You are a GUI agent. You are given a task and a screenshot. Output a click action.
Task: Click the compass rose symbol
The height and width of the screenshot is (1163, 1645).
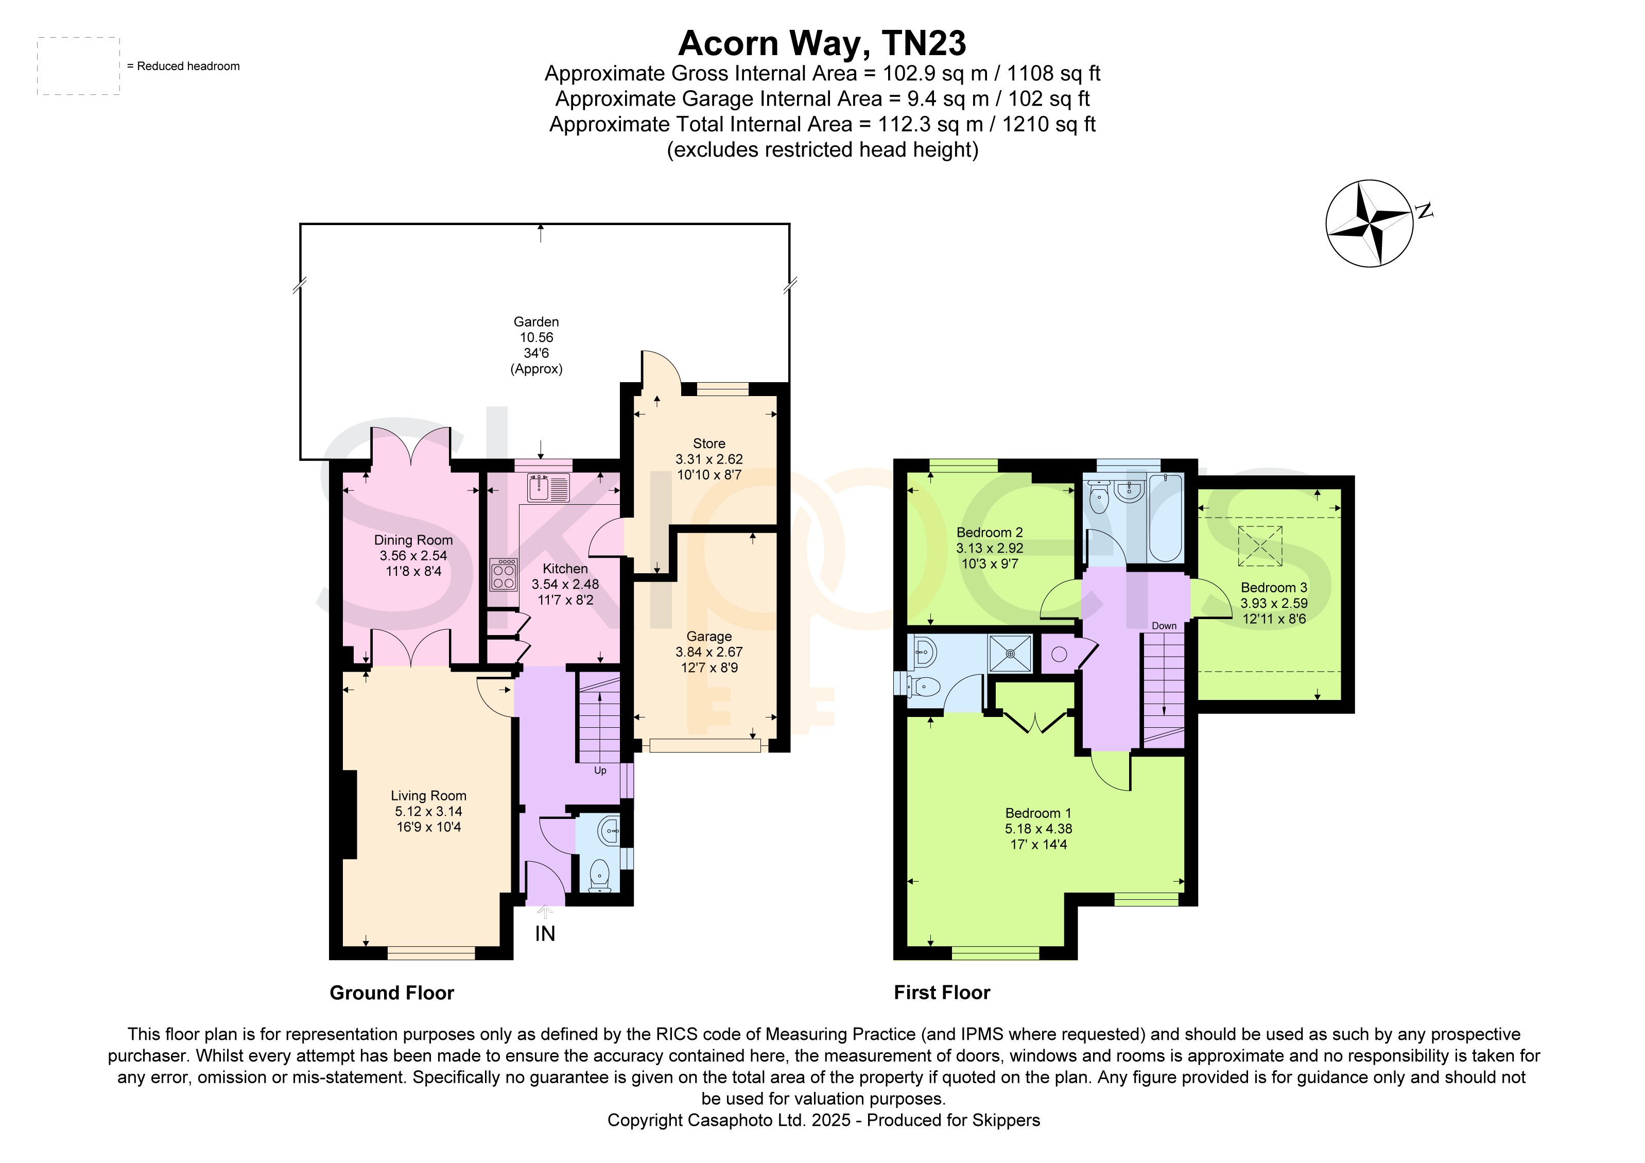[1370, 224]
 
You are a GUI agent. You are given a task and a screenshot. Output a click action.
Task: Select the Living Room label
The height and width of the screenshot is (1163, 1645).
[428, 795]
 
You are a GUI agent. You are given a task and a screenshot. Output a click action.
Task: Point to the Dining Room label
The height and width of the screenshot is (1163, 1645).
[413, 540]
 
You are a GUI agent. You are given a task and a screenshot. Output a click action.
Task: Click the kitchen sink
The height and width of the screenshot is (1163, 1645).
[549, 487]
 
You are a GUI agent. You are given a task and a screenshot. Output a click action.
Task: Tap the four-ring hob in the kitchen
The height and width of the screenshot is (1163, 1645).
[504, 574]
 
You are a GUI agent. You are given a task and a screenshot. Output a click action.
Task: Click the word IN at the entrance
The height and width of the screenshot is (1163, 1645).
[545, 934]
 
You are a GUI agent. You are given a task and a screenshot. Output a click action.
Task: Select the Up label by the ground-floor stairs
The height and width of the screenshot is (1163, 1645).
[600, 771]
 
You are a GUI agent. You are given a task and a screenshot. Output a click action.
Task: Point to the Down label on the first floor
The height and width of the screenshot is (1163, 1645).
[1164, 626]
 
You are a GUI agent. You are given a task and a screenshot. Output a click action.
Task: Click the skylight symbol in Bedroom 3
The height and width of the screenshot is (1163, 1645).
[1260, 546]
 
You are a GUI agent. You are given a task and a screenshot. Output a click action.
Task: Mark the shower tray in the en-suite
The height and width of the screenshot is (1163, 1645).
[1010, 654]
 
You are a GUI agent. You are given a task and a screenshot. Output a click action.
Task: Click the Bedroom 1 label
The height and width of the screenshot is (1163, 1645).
[1038, 813]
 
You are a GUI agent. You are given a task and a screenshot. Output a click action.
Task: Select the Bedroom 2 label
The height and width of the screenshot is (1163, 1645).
[990, 533]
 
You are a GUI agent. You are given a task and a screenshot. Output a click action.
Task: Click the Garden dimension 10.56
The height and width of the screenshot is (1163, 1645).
[536, 337]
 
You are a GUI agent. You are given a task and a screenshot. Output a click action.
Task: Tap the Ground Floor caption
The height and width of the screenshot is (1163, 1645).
[392, 993]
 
